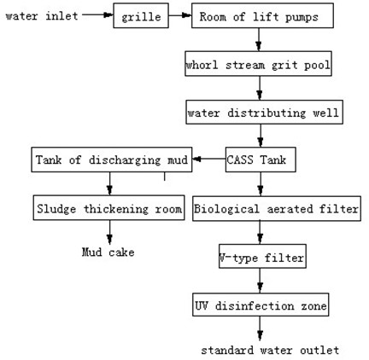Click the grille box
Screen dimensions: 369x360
pos(141,15)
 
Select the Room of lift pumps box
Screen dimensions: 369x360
pos(262,15)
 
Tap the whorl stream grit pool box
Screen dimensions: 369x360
pos(258,64)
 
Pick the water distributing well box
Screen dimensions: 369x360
pos(265,112)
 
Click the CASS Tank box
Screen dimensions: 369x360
pos(261,160)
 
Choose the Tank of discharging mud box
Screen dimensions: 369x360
pos(112,160)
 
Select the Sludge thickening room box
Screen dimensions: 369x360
pos(108,208)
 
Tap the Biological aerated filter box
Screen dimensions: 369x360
pos(277,209)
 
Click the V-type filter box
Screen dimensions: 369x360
pos(262,256)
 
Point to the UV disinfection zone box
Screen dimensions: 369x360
pos(261,305)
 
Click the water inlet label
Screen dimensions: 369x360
pos(42,16)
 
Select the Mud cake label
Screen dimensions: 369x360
pos(108,253)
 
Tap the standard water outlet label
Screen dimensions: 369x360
pos(270,350)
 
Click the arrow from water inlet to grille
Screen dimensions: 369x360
pos(97,15)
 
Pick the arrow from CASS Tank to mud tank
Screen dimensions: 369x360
pos(209,160)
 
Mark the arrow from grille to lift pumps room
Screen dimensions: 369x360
pos(180,15)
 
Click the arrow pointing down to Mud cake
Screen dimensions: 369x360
pos(109,232)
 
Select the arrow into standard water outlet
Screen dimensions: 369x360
pos(260,328)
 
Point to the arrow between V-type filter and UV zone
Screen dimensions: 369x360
pos(260,281)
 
